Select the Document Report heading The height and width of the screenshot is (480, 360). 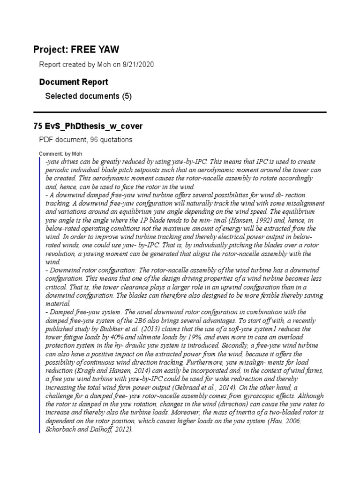[74, 82]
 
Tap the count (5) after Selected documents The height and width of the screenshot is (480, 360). [127, 97]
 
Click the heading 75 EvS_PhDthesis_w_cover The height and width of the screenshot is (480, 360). [88, 127]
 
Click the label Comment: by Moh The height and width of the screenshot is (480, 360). [57, 154]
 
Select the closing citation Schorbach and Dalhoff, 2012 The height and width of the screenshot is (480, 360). [90, 428]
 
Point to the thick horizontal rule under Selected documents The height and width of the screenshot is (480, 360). [180, 112]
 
